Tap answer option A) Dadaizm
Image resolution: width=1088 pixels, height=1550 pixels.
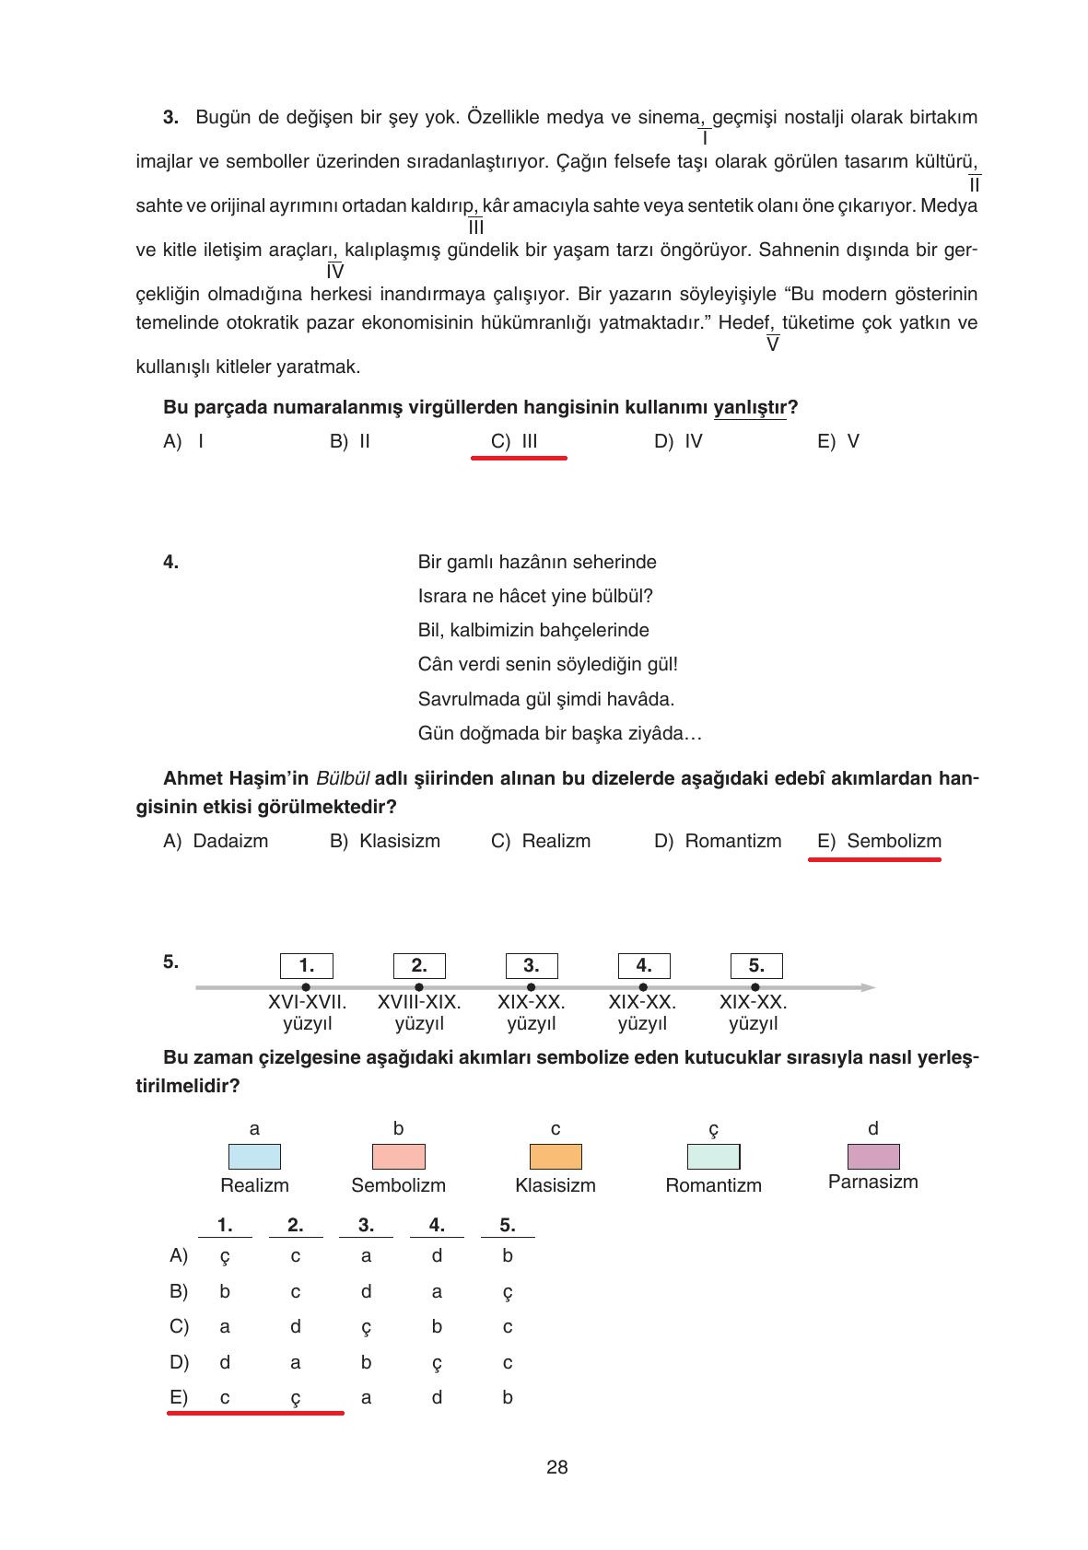click(x=216, y=841)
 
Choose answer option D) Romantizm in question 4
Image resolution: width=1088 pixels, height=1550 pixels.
click(x=718, y=841)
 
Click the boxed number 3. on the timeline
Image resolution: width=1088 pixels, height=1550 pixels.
click(x=531, y=966)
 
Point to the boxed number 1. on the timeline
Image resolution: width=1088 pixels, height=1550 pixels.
click(x=306, y=966)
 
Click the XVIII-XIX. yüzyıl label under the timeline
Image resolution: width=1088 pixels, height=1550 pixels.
click(x=419, y=1013)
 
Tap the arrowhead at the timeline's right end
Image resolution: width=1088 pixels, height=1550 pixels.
click(x=868, y=987)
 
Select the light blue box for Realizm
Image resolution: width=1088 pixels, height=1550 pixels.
click(x=254, y=1157)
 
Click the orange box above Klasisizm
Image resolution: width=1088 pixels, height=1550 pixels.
click(x=556, y=1157)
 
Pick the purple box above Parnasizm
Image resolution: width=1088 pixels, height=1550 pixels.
click(x=872, y=1156)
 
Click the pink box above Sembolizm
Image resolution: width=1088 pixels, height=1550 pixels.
click(x=398, y=1157)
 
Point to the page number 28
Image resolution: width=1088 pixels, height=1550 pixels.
click(x=556, y=1468)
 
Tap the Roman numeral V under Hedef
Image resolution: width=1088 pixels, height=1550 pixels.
click(x=772, y=344)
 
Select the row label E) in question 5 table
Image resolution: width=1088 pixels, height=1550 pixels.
click(x=179, y=1397)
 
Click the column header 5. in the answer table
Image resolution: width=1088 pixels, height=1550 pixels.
click(x=507, y=1225)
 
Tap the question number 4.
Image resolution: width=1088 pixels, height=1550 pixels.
click(x=170, y=562)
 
